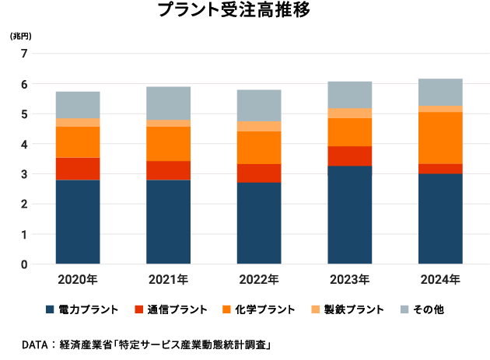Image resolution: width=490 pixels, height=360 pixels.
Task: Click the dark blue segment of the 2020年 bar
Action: pyautogui.click(x=78, y=222)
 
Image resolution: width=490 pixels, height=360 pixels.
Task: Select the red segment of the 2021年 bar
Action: pyautogui.click(x=168, y=170)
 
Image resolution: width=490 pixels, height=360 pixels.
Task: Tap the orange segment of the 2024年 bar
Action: pyautogui.click(x=440, y=138)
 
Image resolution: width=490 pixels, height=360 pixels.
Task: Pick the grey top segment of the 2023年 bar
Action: pyautogui.click(x=350, y=95)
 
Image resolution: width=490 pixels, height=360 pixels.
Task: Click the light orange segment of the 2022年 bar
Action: pyautogui.click(x=259, y=126)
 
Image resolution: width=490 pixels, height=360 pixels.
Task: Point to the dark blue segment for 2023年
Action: pyautogui.click(x=350, y=215)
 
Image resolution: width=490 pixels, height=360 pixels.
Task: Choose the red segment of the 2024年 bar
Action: pyautogui.click(x=440, y=168)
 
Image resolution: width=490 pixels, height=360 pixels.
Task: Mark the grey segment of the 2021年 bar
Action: pyautogui.click(x=168, y=103)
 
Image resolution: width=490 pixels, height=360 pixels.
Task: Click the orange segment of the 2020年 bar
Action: pyautogui.click(x=78, y=142)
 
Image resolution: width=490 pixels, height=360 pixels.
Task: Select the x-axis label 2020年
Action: pyautogui.click(x=78, y=280)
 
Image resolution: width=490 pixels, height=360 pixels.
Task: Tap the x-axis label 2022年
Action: pyautogui.click(x=259, y=280)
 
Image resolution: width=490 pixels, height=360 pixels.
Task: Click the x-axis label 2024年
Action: pyautogui.click(x=440, y=280)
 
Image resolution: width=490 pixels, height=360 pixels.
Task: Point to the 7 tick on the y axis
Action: pyautogui.click(x=24, y=54)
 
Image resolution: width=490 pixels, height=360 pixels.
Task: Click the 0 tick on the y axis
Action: pyautogui.click(x=24, y=264)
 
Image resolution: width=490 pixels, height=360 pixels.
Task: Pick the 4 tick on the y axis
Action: pyautogui.click(x=24, y=144)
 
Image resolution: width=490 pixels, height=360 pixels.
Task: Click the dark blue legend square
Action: pyautogui.click(x=51, y=309)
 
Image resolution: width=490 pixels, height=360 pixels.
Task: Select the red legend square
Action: pyautogui.click(x=138, y=309)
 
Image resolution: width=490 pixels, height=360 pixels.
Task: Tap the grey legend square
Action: pyautogui.click(x=404, y=309)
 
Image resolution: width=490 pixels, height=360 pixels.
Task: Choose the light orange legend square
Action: pyautogui.click(x=315, y=309)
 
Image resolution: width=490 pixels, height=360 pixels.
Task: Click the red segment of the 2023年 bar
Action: pyautogui.click(x=350, y=156)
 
